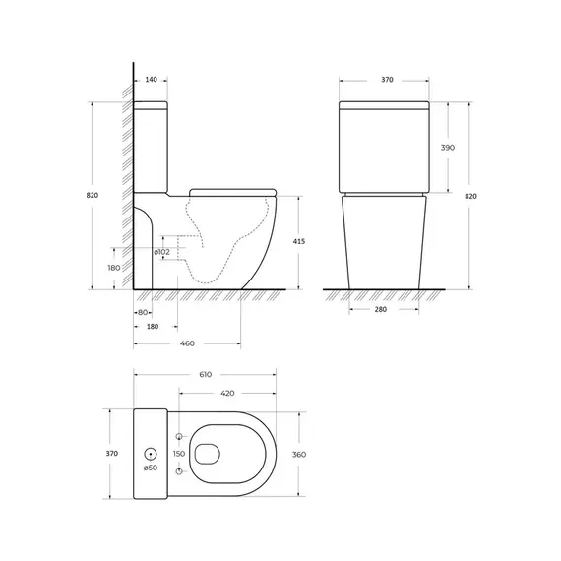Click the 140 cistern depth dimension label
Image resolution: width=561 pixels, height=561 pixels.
pos(151,80)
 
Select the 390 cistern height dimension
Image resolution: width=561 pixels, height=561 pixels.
pos(448,148)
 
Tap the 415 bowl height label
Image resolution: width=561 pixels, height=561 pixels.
pos(299,241)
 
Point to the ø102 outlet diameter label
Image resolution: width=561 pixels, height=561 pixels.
pos(162,252)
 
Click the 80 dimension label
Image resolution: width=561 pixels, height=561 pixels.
pos(143,312)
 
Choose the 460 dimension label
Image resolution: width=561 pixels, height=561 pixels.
pos(187,343)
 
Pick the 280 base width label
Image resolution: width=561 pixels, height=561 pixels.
pos(381,309)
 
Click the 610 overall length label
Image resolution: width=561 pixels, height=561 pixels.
pos(206,375)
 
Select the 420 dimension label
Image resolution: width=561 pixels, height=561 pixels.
pos(227,394)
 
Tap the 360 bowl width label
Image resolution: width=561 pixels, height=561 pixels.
pos(299,455)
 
